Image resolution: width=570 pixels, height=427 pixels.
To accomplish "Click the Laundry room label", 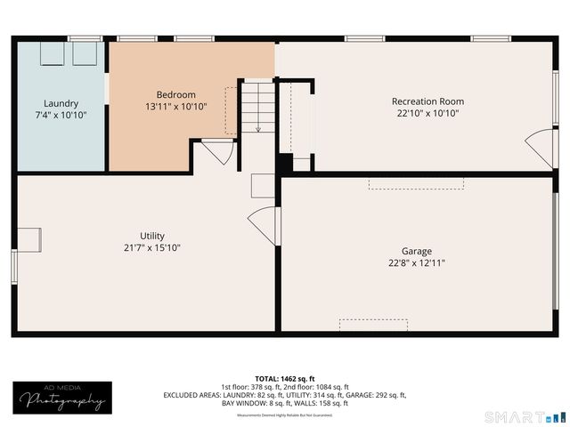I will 61,103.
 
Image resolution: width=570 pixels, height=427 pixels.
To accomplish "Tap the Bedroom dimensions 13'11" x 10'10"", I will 175,107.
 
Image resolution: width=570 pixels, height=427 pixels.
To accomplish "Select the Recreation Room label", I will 427,101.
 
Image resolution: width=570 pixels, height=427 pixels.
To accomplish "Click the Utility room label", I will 152,236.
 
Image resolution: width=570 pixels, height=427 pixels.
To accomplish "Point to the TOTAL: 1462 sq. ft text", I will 285,378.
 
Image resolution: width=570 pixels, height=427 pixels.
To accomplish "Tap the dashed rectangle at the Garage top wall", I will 417,182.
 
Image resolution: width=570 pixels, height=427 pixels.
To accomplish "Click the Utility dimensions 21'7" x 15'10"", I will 152,247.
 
